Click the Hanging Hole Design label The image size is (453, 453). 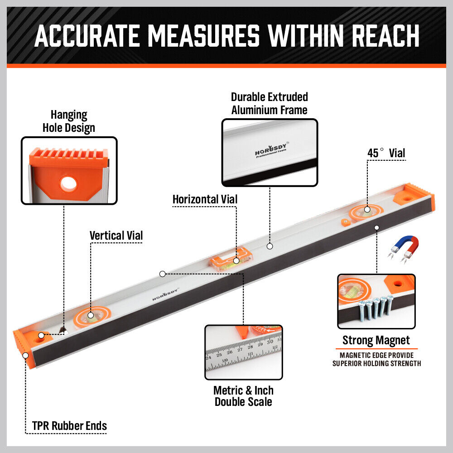point(69,121)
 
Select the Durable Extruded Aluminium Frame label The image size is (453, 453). point(269,103)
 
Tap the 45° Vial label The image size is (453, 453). point(386,153)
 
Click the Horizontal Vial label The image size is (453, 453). point(205,199)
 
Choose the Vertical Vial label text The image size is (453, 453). point(116,236)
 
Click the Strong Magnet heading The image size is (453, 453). point(376,340)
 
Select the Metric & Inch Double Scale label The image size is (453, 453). point(243,396)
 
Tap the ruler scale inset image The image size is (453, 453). point(243,352)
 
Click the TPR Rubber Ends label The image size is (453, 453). point(69,426)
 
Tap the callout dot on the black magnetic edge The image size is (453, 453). point(376,227)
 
